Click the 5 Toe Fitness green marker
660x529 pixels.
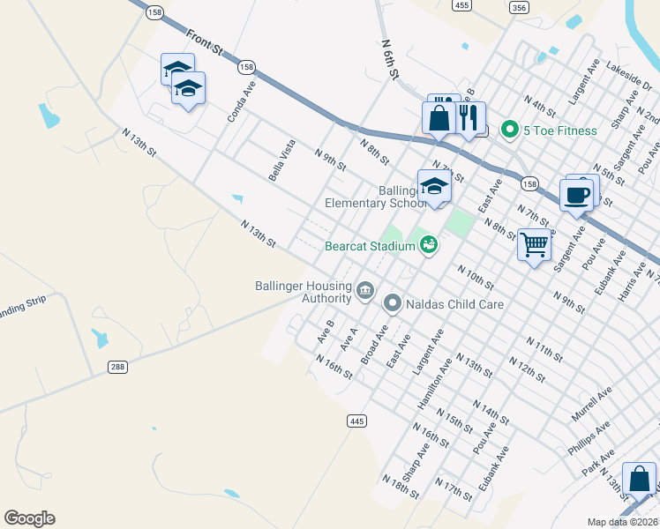[x=509, y=130]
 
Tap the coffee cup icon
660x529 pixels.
[x=576, y=195]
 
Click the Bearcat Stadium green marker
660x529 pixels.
[x=428, y=245]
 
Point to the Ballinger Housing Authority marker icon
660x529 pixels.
[x=365, y=290]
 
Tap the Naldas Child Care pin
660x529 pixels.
[x=393, y=303]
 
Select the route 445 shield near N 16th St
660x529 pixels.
[x=356, y=421]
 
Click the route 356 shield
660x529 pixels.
[x=520, y=7]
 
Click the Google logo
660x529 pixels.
[x=29, y=518]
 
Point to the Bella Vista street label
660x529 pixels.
[x=282, y=160]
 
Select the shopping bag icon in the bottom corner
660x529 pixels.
[x=639, y=481]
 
